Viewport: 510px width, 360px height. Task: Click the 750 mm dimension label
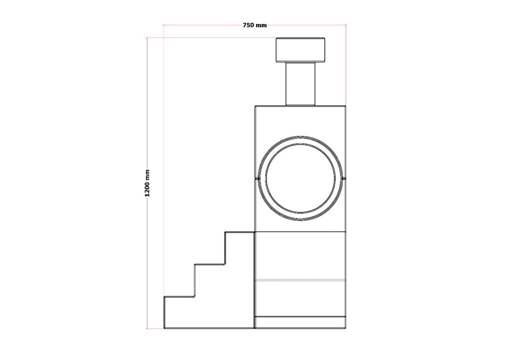[255, 25]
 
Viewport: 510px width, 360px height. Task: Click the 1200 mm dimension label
[147, 183]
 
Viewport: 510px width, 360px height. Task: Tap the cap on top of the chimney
[300, 50]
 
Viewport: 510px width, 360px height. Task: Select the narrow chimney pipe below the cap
[300, 84]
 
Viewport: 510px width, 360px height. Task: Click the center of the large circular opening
[300, 178]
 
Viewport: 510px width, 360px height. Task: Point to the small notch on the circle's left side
[257, 179]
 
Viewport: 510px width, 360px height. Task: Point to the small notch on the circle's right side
[344, 179]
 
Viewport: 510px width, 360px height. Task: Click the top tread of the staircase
[240, 232]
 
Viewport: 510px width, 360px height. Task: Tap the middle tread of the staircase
[210, 264]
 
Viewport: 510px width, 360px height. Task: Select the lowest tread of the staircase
[179, 297]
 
